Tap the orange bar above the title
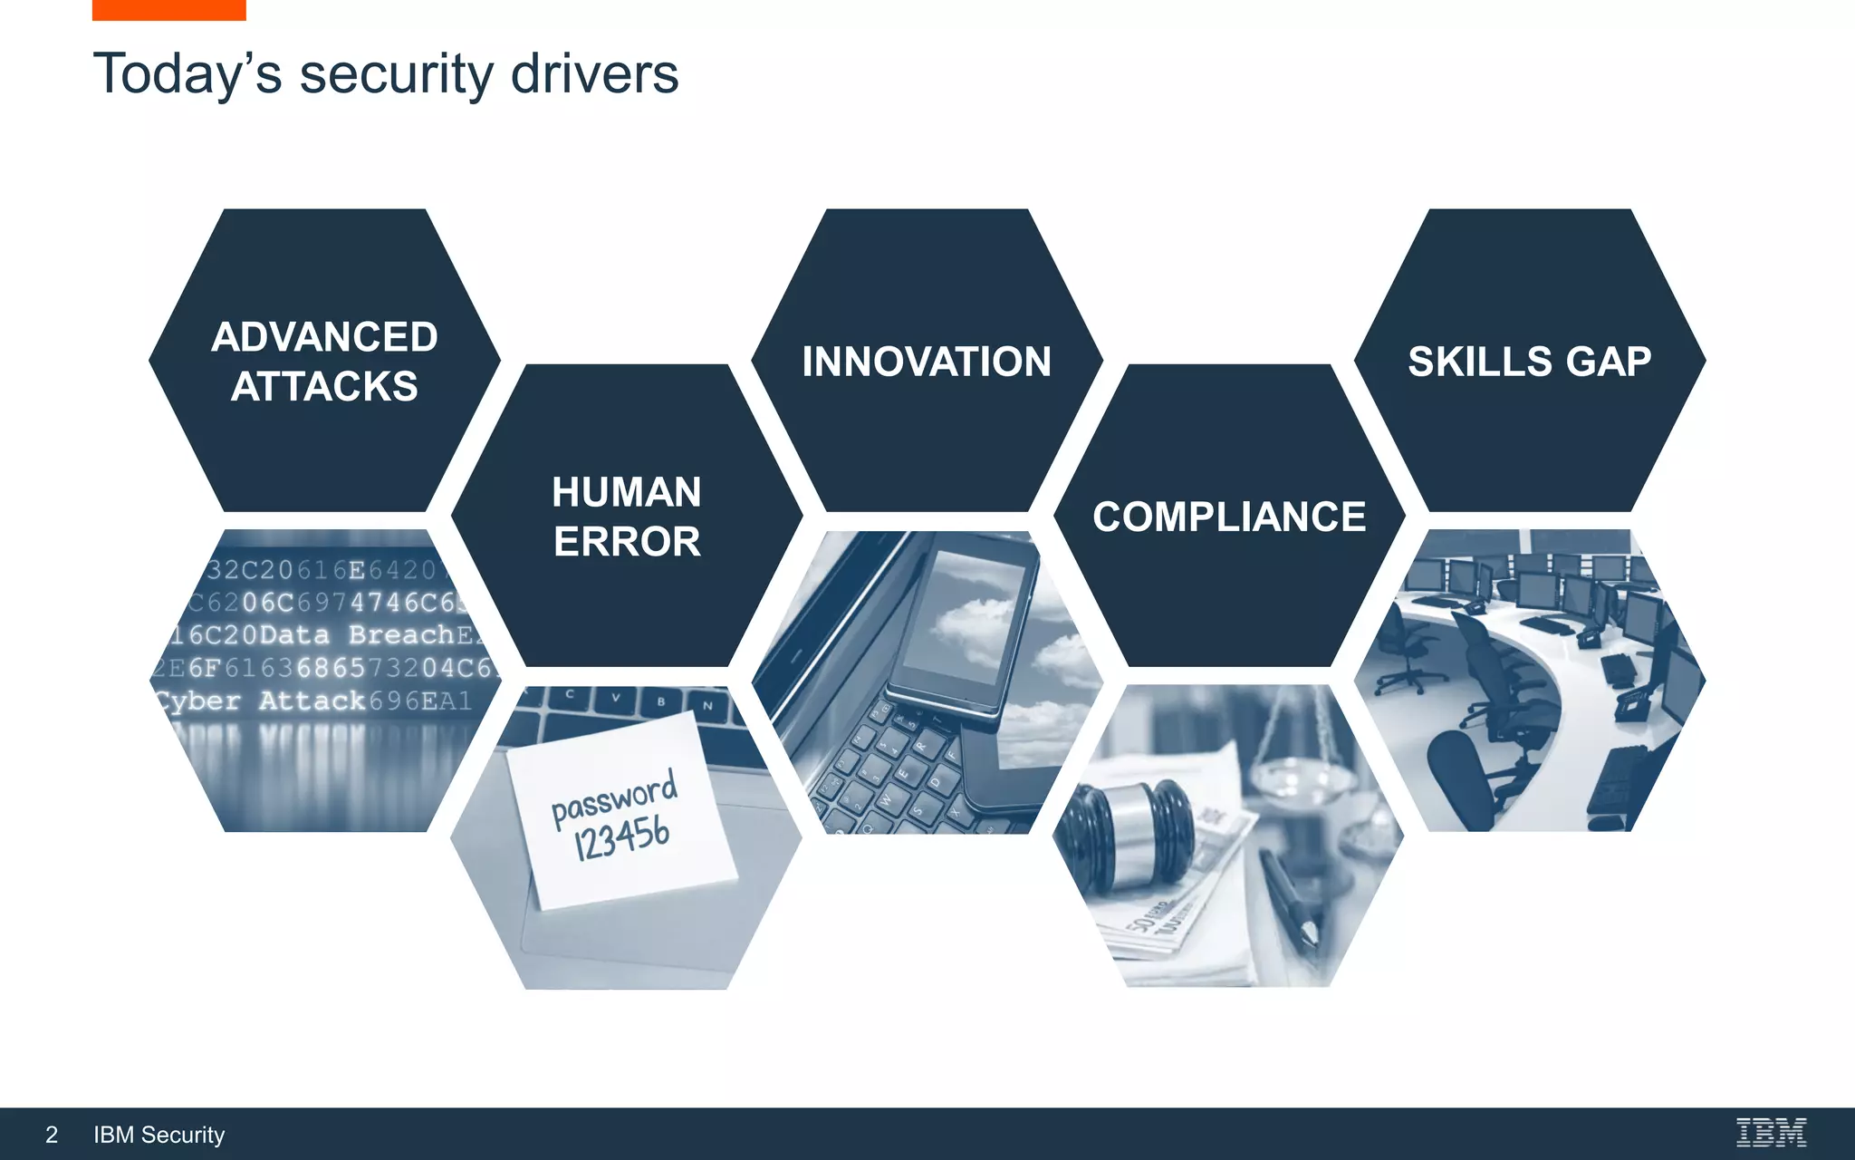[168, 10]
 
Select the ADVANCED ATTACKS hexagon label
[324, 362]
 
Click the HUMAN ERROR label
[627, 517]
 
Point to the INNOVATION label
[927, 362]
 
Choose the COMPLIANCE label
[1229, 517]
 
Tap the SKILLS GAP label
[1529, 362]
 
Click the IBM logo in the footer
[1771, 1133]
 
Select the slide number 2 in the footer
[52, 1135]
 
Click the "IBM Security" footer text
[159, 1135]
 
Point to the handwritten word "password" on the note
[614, 797]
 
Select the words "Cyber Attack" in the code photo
[260, 701]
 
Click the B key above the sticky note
[661, 701]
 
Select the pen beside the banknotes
[1291, 897]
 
